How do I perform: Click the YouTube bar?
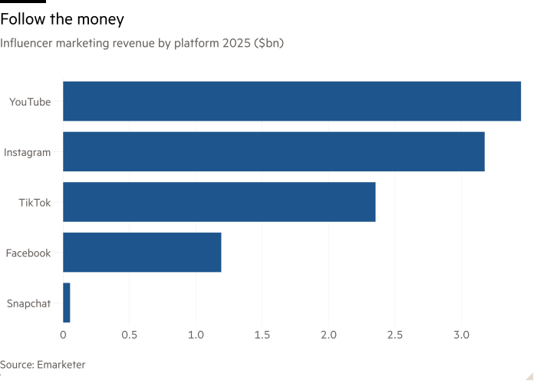(x=292, y=101)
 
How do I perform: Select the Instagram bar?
(x=273, y=151)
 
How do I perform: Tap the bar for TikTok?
(x=219, y=202)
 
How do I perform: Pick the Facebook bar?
(x=142, y=253)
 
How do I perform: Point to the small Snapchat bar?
(x=67, y=303)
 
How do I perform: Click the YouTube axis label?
(x=30, y=101)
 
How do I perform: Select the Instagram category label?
(x=28, y=152)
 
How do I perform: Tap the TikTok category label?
(x=35, y=203)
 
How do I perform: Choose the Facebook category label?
(x=28, y=253)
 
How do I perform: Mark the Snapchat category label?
(x=29, y=303)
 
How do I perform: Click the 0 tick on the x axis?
(x=63, y=335)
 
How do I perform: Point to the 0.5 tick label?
(x=130, y=335)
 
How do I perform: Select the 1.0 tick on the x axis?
(x=196, y=335)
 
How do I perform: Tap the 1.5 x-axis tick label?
(x=262, y=335)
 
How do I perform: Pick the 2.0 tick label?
(x=328, y=335)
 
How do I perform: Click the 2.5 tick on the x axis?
(x=395, y=335)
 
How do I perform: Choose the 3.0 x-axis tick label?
(x=461, y=335)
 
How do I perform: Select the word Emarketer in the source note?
(x=61, y=365)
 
